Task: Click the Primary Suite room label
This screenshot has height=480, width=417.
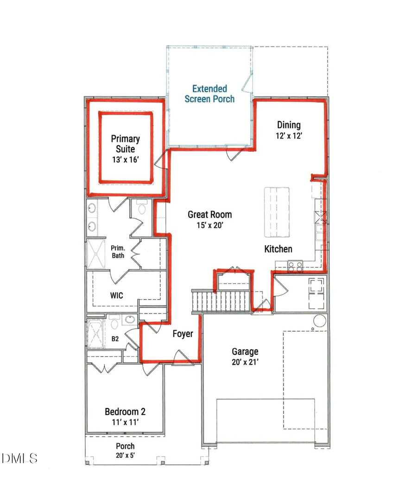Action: pos(125,144)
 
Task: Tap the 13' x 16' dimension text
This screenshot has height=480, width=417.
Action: pos(125,160)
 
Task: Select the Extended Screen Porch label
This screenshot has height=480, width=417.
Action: pos(209,93)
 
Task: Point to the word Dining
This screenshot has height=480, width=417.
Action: pos(289,125)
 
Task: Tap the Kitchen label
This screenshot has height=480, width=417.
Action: pos(278,249)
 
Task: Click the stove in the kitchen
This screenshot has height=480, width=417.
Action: pos(296,266)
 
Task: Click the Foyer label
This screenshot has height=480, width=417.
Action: pos(183,334)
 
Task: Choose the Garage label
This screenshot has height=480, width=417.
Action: pos(245,352)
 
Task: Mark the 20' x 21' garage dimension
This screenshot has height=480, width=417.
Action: pos(245,362)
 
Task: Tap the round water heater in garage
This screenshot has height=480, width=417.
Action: pos(320,321)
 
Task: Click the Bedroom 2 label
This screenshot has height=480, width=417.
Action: pos(125,411)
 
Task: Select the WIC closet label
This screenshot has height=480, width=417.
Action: pos(117,295)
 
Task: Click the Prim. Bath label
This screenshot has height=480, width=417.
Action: pos(117,251)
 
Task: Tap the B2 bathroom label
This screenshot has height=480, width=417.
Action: pos(115,339)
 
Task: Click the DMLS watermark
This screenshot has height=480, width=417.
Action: pos(19,459)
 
